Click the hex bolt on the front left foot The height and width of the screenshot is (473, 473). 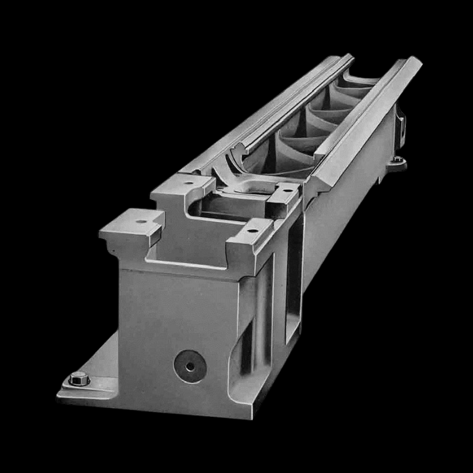(79, 378)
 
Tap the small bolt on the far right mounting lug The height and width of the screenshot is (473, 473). (399, 160)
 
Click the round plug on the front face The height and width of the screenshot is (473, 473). (189, 365)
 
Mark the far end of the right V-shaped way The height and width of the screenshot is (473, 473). (412, 61)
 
